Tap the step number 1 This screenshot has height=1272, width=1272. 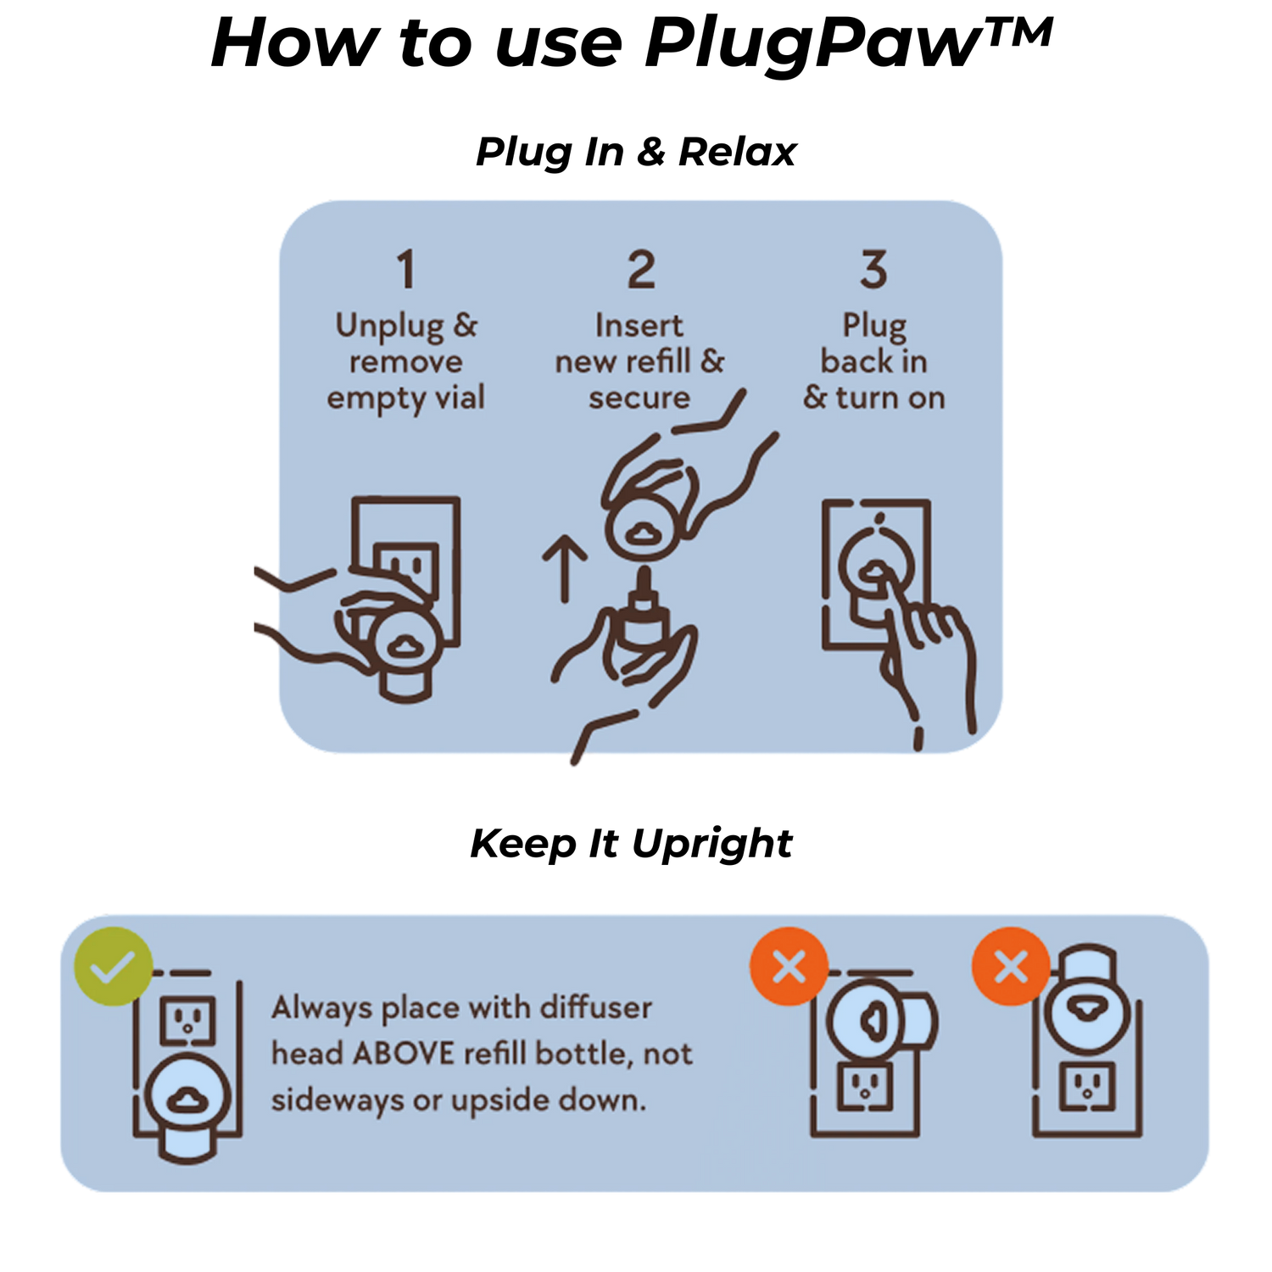(x=406, y=269)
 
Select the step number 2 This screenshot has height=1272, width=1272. (x=641, y=269)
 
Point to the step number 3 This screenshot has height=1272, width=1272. (x=873, y=269)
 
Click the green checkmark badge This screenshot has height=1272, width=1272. (x=113, y=967)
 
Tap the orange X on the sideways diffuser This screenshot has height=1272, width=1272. (x=789, y=967)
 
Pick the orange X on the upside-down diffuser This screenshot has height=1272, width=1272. (x=1011, y=967)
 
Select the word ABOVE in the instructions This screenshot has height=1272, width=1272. (x=404, y=1053)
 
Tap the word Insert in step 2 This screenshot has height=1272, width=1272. (x=639, y=326)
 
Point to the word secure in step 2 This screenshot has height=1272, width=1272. (x=639, y=398)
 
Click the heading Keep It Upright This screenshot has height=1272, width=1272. (x=631, y=844)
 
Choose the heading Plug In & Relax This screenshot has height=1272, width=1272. (x=636, y=152)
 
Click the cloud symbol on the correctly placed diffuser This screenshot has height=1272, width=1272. (x=187, y=1101)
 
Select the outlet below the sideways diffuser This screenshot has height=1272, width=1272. (x=865, y=1086)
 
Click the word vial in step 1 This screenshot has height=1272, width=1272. (x=460, y=397)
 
